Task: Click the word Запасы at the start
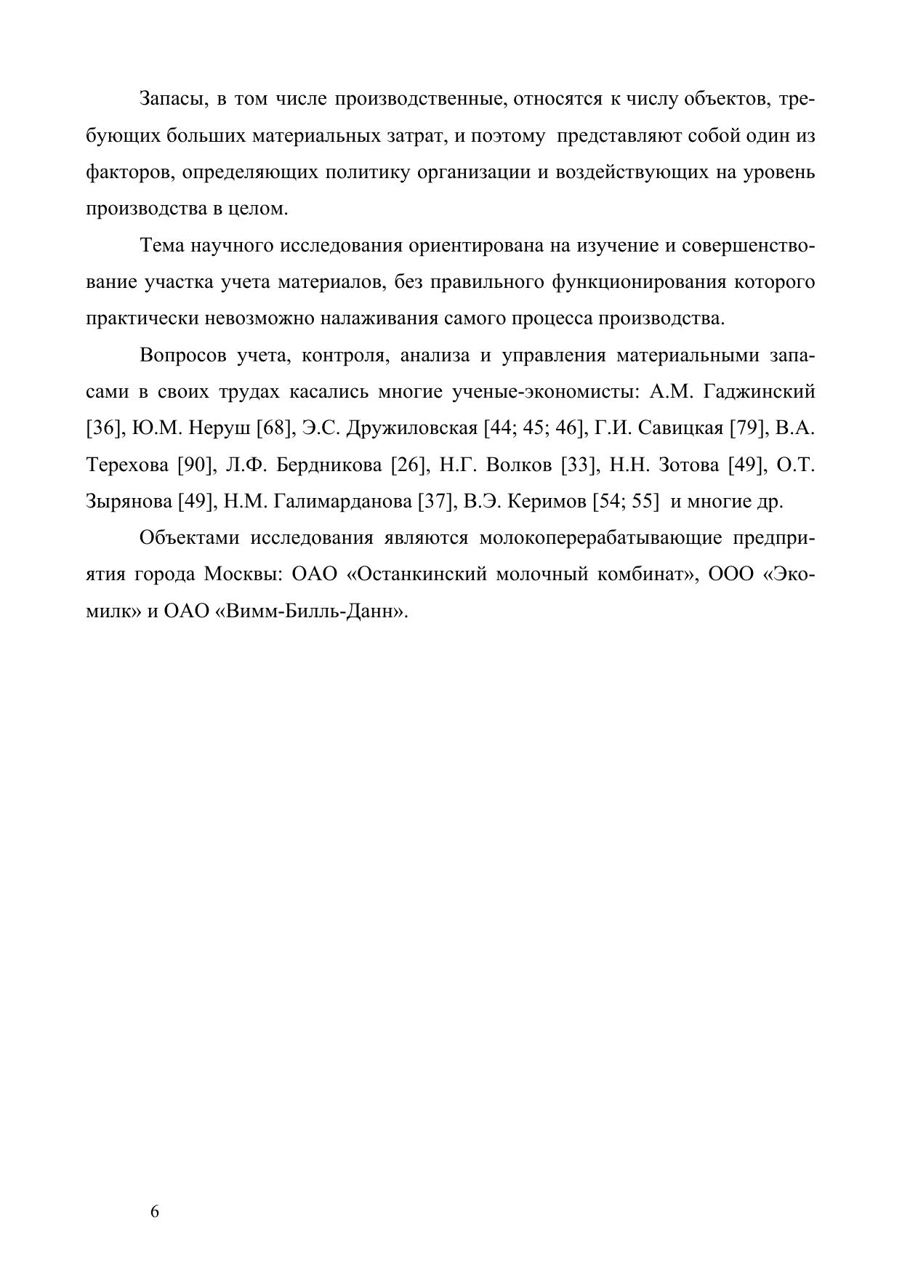[172, 99]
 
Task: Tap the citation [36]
[102, 428]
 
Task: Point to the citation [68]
[275, 428]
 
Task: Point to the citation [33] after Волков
[579, 465]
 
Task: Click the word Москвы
[243, 574]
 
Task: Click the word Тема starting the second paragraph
[162, 246]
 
